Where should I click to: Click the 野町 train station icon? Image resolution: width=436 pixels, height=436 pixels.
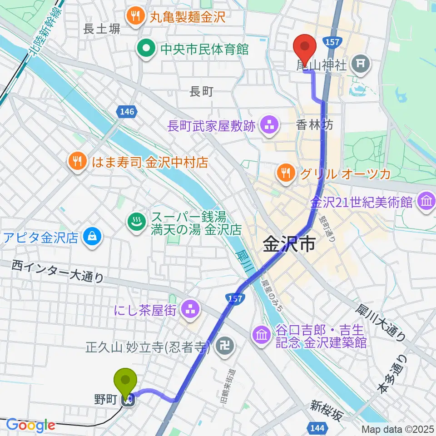(129, 400)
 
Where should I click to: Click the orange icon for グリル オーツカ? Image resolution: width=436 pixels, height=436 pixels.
(286, 173)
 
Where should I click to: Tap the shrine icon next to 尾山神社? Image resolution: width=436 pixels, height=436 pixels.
(362, 64)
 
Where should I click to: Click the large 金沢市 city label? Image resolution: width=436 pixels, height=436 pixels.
(289, 246)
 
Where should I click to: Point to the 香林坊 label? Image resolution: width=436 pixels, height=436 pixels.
(315, 125)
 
